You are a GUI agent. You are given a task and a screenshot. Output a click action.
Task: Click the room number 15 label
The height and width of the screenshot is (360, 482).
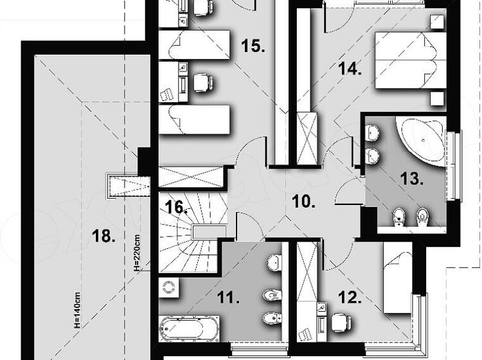(x=253, y=46)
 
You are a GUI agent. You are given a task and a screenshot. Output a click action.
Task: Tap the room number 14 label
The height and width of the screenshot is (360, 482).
(x=350, y=69)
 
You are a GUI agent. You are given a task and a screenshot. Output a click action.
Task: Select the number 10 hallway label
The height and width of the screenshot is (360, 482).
(x=304, y=202)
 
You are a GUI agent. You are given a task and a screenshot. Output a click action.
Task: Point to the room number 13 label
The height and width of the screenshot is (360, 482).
(x=412, y=179)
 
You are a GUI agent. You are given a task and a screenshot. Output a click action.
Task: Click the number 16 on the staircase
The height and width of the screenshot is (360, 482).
(x=177, y=207)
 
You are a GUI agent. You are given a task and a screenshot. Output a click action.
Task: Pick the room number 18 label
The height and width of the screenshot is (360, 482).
(x=104, y=236)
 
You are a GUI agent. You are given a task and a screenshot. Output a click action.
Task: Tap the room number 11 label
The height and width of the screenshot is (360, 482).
(x=228, y=297)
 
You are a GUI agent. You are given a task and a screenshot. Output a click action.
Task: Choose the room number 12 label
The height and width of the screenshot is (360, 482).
(x=350, y=297)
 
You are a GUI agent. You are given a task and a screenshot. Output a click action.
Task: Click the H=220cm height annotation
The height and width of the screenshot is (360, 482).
(x=137, y=253)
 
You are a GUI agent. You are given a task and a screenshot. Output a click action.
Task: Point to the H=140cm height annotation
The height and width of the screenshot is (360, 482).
(x=77, y=310)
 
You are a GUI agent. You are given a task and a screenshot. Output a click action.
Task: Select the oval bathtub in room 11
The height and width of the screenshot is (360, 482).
(x=189, y=328)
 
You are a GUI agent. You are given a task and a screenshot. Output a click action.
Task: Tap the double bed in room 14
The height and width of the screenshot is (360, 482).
(x=411, y=60)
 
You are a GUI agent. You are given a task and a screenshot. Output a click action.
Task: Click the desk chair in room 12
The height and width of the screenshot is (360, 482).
(x=341, y=323)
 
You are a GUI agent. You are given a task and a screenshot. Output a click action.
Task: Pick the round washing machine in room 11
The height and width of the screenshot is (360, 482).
(x=168, y=288)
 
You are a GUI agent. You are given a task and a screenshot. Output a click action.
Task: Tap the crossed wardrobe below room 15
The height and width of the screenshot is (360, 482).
(x=191, y=177)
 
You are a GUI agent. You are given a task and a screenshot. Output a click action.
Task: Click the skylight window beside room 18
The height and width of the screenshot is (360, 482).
(x=128, y=186)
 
